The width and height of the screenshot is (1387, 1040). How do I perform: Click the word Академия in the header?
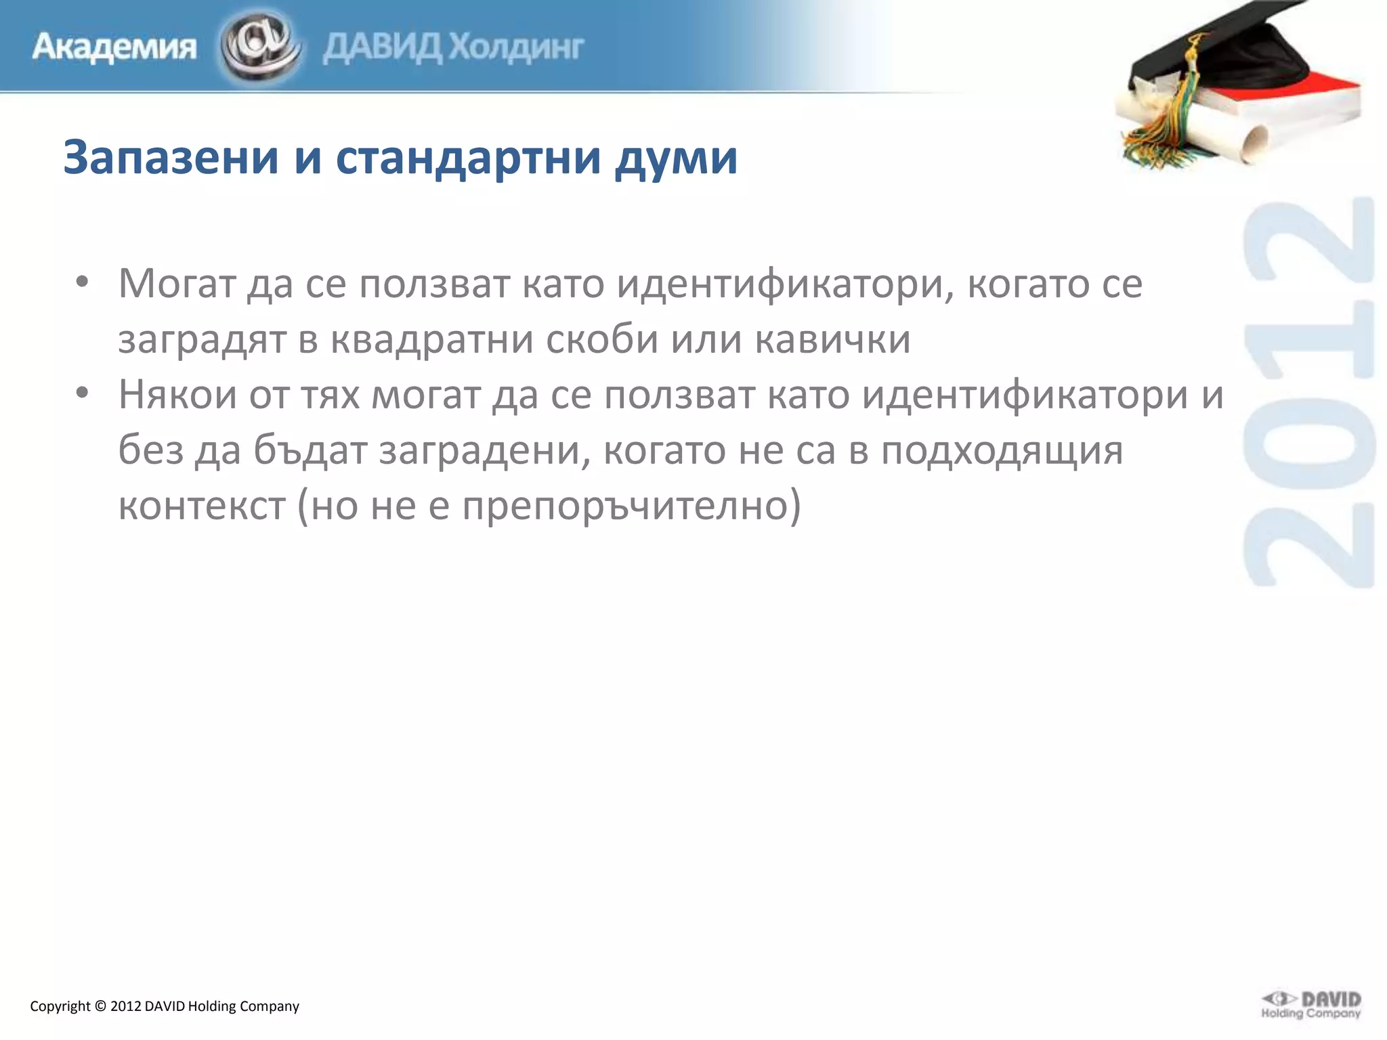tap(114, 47)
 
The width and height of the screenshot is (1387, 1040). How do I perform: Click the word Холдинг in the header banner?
tap(517, 47)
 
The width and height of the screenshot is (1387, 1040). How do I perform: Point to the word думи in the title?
tap(676, 158)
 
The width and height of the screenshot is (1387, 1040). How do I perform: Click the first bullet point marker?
tap(83, 283)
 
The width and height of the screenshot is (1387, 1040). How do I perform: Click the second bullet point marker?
tap(83, 394)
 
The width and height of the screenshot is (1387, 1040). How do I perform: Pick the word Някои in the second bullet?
tap(177, 394)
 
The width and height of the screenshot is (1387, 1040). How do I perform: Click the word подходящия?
tap(1002, 451)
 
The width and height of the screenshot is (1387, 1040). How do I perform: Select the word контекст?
tap(202, 505)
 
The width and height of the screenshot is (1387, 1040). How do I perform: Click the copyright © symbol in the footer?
tap(100, 1006)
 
